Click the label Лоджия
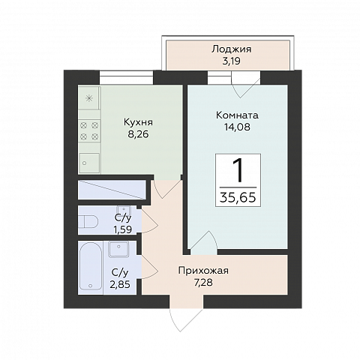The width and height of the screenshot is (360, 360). point(231,49)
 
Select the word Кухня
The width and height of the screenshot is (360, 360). point(139,122)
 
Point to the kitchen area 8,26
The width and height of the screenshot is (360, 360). point(139,136)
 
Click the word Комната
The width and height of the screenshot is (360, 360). point(237,116)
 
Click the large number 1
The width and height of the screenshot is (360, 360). point(237,170)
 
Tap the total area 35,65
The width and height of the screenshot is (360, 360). point(237,196)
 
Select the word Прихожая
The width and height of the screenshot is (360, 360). point(203,271)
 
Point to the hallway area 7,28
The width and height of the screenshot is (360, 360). point(203,283)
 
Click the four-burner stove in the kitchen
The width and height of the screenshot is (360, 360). point(90,131)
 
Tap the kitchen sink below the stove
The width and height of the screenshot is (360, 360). point(89,160)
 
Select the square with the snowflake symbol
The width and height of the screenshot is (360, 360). point(89,98)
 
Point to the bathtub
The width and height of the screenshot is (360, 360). point(91,268)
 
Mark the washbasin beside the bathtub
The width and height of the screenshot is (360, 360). point(119,250)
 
